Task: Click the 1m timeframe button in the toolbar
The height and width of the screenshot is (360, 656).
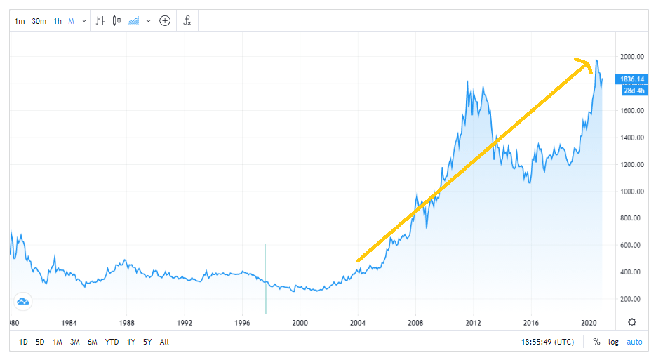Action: (20, 21)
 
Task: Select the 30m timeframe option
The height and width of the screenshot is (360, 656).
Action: (39, 21)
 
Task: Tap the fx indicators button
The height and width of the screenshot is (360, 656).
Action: (187, 20)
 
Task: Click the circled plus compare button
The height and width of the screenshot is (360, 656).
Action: (165, 21)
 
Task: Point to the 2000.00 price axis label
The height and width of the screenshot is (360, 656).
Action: (631, 57)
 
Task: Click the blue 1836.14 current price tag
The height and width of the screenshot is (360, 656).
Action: (631, 79)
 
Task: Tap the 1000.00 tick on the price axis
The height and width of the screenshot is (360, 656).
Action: (631, 192)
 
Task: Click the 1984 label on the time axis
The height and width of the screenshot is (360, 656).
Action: (68, 324)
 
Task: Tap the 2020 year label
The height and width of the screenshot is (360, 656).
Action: (589, 324)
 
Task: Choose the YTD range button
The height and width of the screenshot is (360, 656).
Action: (112, 342)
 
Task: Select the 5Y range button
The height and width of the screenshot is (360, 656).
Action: (147, 342)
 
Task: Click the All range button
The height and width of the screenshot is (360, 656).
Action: (164, 342)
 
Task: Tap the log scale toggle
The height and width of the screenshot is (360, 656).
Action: (614, 342)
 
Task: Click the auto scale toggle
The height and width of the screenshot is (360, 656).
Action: (634, 342)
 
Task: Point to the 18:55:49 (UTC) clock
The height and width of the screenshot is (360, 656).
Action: (548, 342)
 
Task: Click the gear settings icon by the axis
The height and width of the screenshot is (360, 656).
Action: (632, 322)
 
